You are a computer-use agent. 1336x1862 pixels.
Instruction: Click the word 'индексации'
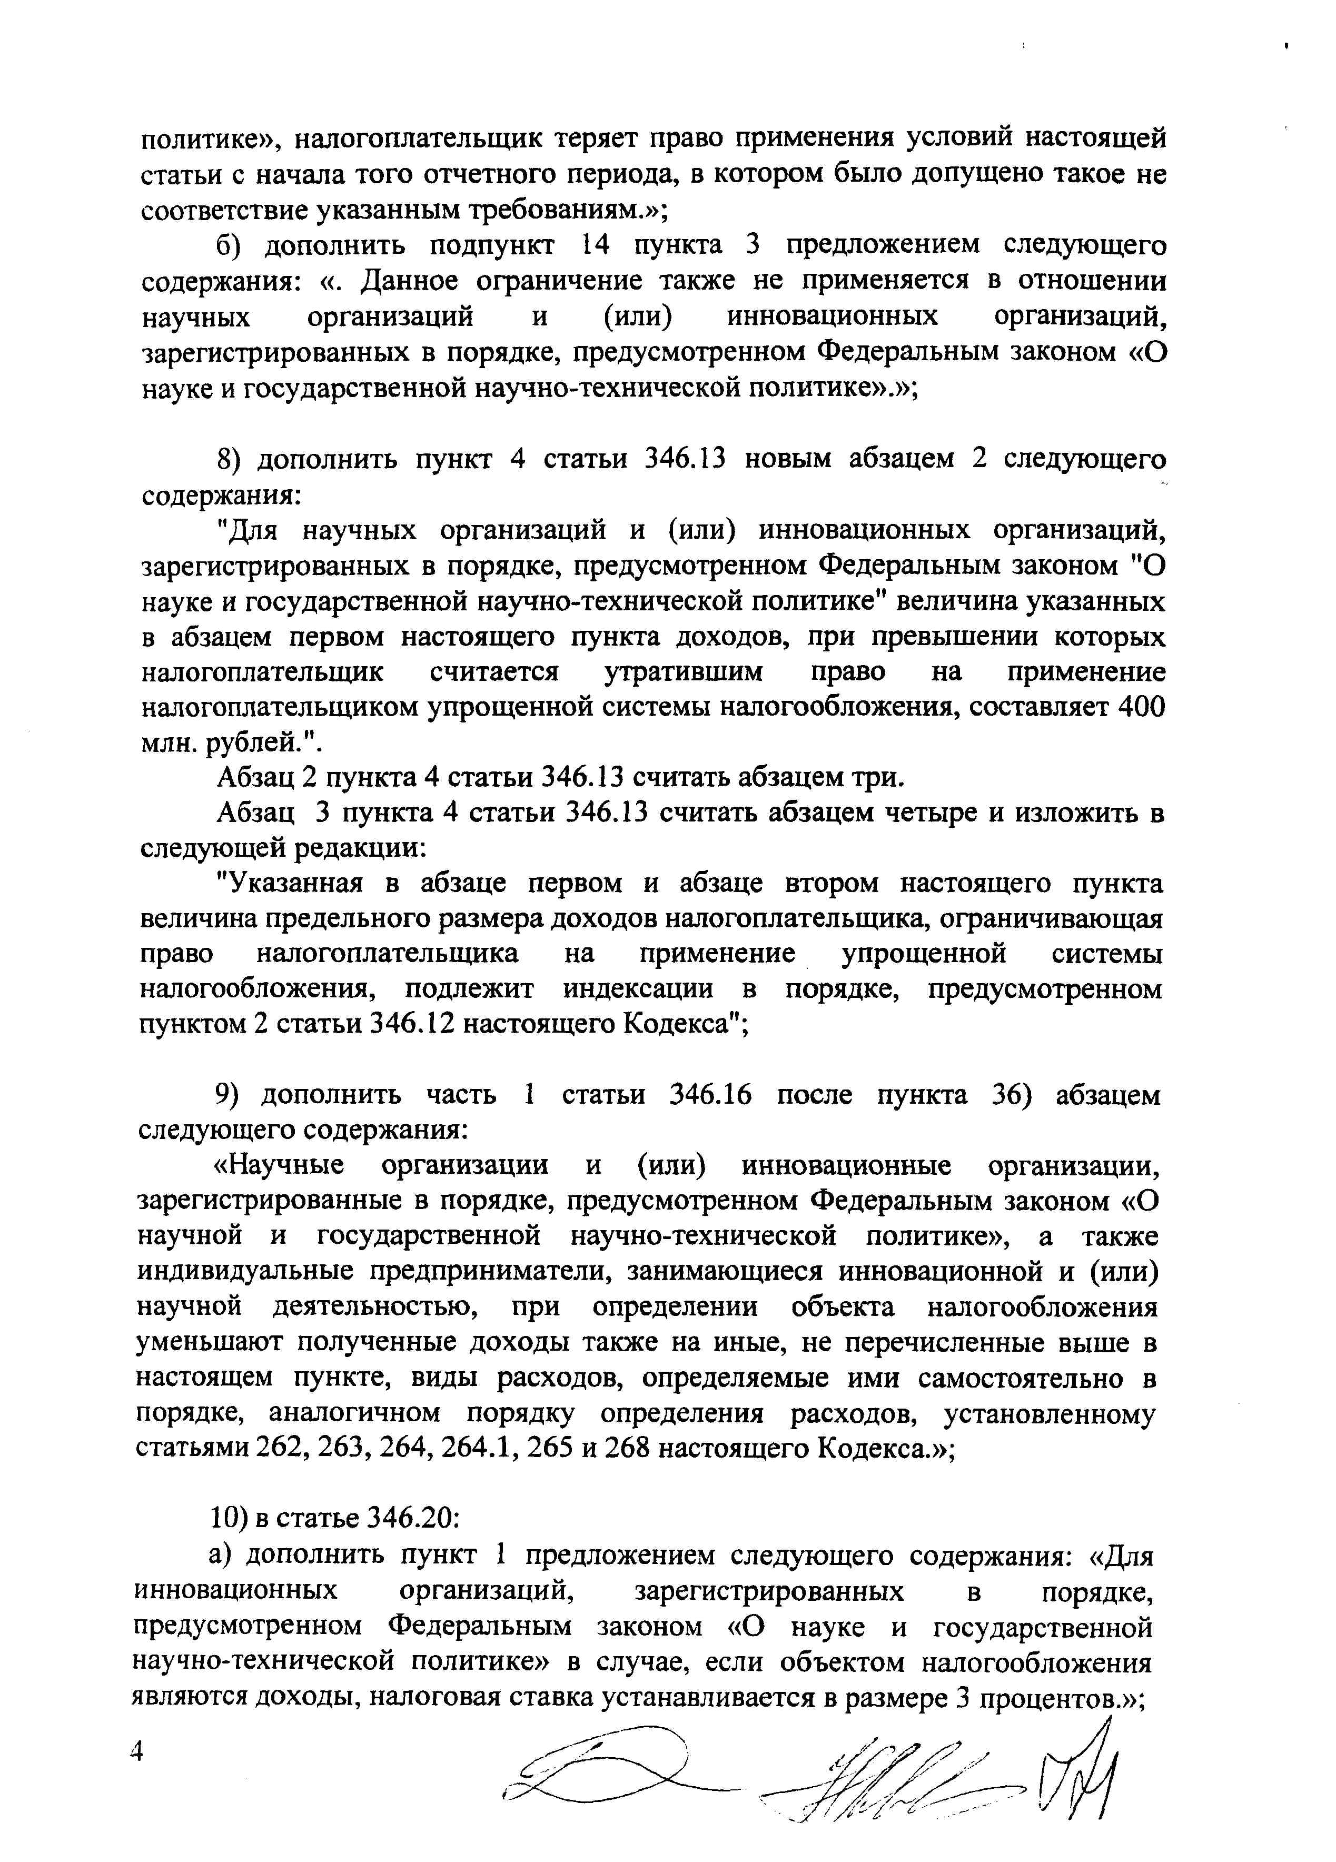pos(638,988)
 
